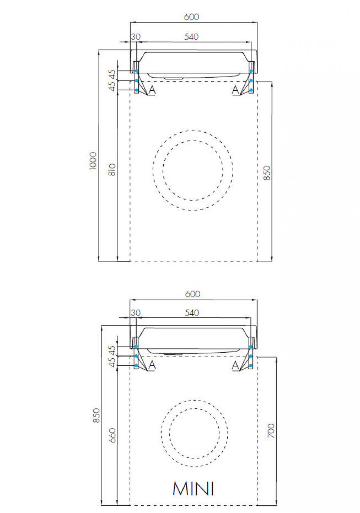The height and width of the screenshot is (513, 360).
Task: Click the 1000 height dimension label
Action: point(93,160)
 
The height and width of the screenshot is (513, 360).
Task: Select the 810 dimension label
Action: point(112,170)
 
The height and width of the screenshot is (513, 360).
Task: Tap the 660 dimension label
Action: point(112,435)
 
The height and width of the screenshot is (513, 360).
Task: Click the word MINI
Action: point(193,489)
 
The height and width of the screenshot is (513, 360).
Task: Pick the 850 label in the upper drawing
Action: point(268,172)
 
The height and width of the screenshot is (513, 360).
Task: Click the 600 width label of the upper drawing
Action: point(191,17)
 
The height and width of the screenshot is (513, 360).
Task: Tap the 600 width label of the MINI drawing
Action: point(192,294)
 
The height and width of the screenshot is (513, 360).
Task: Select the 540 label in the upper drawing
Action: point(191,36)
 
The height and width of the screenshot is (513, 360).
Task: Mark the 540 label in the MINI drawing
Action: point(192,313)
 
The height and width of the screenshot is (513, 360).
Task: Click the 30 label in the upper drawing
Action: point(136,36)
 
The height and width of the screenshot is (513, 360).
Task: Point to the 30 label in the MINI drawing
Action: point(136,313)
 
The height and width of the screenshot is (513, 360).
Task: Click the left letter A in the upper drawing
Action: point(152,90)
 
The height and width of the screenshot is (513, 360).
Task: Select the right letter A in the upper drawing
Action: point(236,90)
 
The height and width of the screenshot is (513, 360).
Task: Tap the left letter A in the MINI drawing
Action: point(152,365)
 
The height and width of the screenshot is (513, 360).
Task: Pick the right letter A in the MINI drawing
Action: point(236,365)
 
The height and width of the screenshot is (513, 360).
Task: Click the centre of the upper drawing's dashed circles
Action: point(193,170)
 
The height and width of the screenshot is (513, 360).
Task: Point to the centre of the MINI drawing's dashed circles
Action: point(194,433)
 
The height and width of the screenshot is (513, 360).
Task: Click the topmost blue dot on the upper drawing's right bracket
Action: point(251,71)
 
